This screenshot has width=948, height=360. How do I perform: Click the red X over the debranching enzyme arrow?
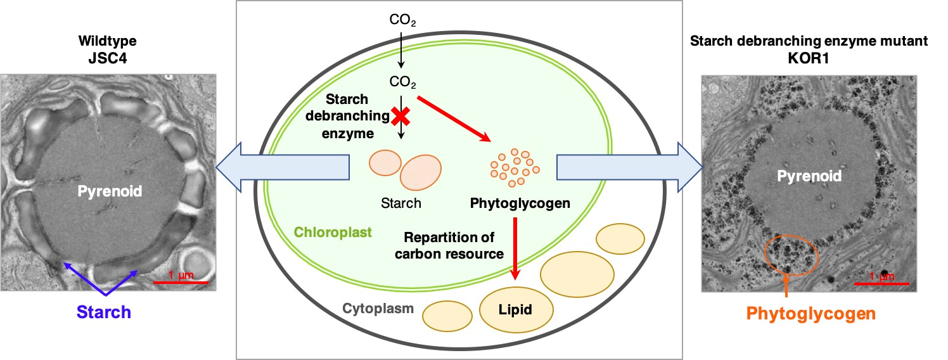point(400,115)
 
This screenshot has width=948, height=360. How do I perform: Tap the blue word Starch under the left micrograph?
point(104,312)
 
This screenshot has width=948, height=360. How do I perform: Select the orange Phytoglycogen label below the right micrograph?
point(810,314)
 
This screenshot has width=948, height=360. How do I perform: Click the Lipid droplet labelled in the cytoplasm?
point(514,310)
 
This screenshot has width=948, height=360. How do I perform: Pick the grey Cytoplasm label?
point(378,309)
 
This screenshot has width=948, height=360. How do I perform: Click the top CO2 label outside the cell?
point(403,22)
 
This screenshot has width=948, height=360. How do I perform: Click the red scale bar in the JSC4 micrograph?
point(181,281)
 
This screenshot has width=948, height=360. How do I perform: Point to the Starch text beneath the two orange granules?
point(401,203)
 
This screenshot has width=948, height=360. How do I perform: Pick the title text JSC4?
point(108,59)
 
